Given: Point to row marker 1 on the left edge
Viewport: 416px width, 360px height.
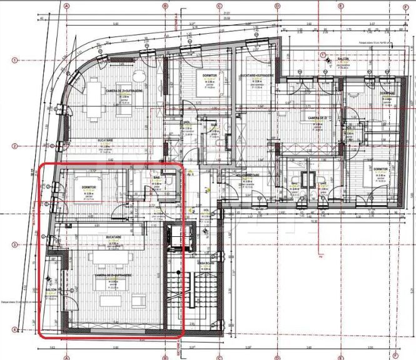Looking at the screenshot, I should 14,61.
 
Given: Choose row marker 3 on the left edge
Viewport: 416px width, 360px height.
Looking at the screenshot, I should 14,245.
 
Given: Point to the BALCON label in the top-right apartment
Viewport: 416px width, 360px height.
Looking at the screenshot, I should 343,60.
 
